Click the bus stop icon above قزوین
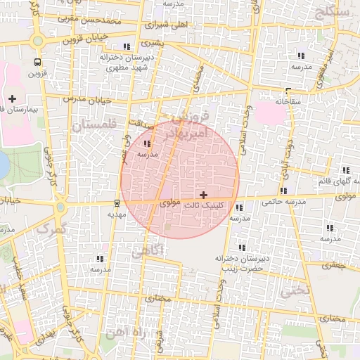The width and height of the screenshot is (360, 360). [x=37, y=62]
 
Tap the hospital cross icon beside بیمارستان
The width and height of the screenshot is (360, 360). [x=13, y=98]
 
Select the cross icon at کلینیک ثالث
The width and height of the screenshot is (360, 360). [x=204, y=194]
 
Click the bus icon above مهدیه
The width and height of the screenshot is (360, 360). [x=117, y=204]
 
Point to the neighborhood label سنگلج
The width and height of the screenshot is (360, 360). [x=333, y=13]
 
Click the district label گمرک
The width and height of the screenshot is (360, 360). [x=51, y=228]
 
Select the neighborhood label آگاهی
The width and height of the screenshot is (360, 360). [x=147, y=250]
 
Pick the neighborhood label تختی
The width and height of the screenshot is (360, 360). [x=295, y=289]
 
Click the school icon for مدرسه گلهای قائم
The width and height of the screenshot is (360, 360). [x=346, y=170]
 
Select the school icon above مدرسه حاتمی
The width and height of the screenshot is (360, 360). [x=283, y=191]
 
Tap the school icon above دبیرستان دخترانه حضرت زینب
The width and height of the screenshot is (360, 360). [x=242, y=247]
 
